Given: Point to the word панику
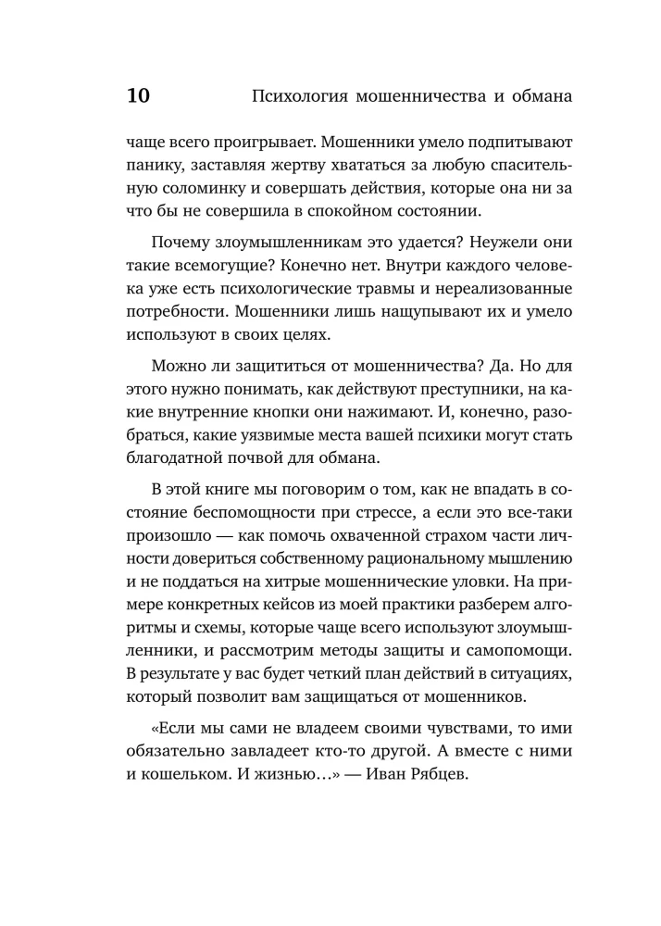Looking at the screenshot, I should click(x=153, y=169).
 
